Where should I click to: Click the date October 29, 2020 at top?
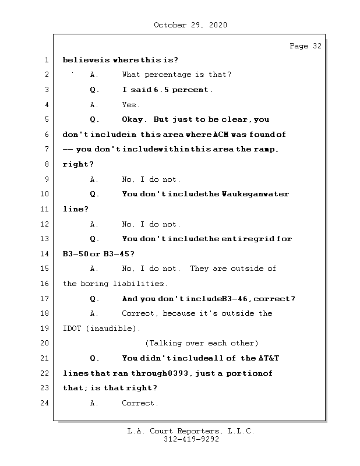pos(190,25)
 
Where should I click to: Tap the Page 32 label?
pos(305,46)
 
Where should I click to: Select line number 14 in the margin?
pos(45,254)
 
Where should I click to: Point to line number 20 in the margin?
pos(45,343)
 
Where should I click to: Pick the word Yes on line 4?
pos(130,105)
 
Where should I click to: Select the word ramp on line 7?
pos(266,150)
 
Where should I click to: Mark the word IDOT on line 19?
pos(72,329)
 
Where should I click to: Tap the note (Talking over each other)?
pos(202,343)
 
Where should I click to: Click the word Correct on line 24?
pos(139,403)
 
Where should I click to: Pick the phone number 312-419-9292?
pos(191,440)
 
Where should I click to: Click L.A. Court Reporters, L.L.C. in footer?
pos(190,432)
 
